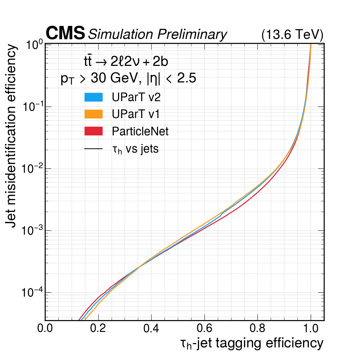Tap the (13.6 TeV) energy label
[x=292, y=35]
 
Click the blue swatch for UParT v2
[x=94, y=97]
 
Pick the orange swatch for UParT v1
[x=94, y=114]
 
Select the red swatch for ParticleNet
[x=94, y=131]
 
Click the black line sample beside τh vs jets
[x=94, y=148]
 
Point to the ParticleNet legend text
[x=140, y=131]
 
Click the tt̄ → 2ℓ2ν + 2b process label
[x=126, y=62]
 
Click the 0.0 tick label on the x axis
[x=45, y=328]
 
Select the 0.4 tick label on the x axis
[x=151, y=328]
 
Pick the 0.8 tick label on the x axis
[x=257, y=328]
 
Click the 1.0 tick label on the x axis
[x=311, y=328]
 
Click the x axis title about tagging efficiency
[x=252, y=343]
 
